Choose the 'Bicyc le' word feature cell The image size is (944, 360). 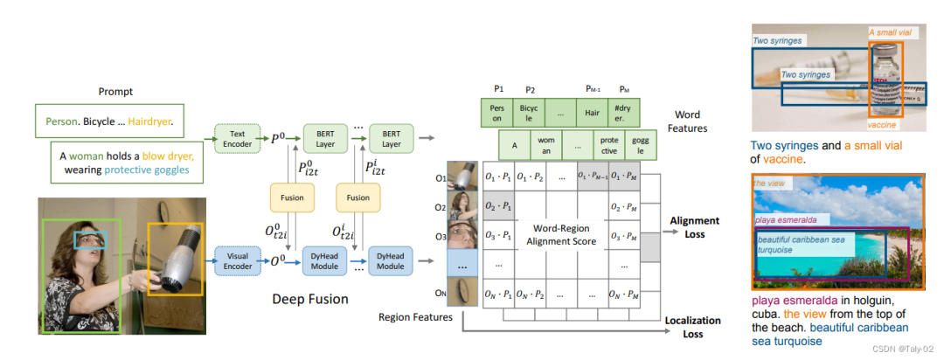[x=528, y=114]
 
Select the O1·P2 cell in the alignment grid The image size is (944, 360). [x=529, y=178]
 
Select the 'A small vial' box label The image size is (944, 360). [x=890, y=33]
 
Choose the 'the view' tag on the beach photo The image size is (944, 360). [x=769, y=183]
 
